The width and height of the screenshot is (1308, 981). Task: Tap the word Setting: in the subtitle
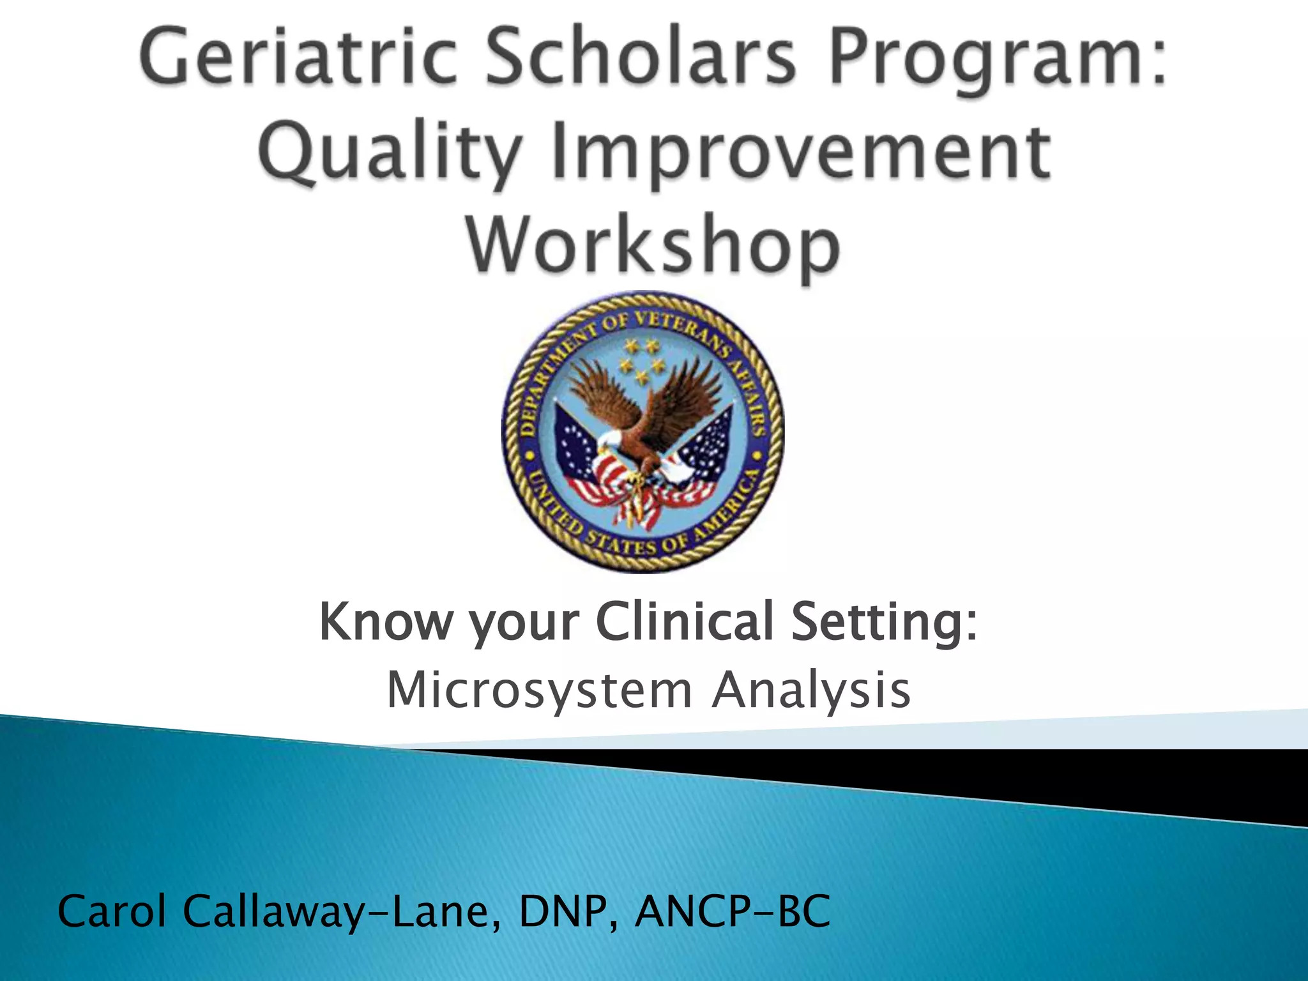[x=885, y=623]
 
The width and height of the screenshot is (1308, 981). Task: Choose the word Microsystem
[x=540, y=691]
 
